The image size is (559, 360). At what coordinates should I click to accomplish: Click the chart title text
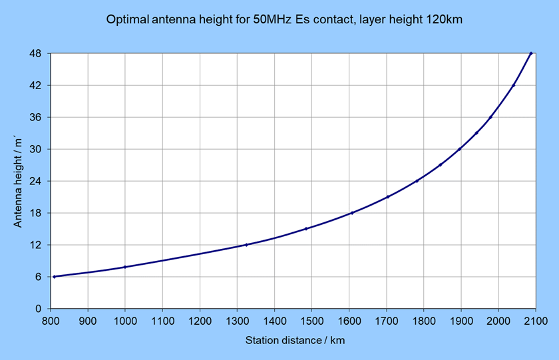(x=284, y=20)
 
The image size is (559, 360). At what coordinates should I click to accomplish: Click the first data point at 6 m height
(x=54, y=277)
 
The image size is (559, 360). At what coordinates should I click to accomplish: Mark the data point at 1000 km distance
(x=125, y=267)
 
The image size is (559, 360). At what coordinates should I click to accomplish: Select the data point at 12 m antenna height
(x=246, y=245)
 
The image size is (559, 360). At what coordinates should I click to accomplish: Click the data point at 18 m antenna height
(x=351, y=213)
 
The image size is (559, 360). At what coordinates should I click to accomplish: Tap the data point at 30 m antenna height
(x=460, y=149)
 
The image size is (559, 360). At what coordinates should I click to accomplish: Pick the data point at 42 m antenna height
(x=514, y=85)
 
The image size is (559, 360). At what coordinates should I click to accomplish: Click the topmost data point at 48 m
(x=531, y=53)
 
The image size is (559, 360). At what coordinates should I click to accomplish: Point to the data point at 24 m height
(x=417, y=181)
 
